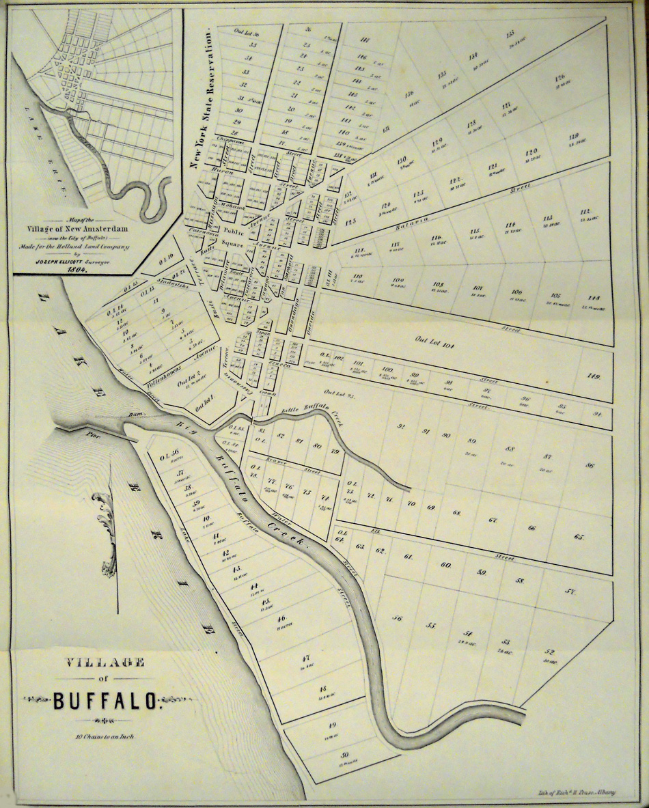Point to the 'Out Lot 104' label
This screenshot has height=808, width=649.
(434, 339)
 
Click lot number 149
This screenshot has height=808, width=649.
(592, 376)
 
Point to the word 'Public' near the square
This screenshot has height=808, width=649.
(232, 231)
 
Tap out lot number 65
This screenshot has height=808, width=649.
(580, 538)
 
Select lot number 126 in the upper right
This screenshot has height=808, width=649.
(560, 77)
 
